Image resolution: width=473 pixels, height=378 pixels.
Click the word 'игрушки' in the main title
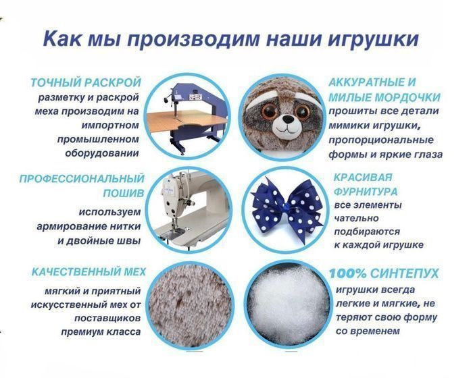tap(373, 38)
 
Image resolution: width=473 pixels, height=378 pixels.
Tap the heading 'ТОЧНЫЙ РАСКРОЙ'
tap(86, 82)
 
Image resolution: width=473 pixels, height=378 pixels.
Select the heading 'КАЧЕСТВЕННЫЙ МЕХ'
tap(89, 272)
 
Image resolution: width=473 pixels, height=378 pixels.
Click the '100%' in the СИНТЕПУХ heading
tap(347, 273)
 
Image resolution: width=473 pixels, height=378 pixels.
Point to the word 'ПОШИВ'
tap(124, 194)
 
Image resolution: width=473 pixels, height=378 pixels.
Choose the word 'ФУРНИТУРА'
tap(366, 192)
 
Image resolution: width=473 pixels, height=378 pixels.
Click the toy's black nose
tap(289, 120)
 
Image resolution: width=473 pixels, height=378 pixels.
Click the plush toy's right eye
tap(303, 110)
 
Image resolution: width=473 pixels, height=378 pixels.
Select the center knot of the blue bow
tap(285, 207)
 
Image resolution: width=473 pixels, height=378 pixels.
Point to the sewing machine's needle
tap(174, 225)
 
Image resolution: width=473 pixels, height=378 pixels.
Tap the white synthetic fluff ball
tap(286, 304)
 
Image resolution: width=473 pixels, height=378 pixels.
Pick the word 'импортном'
tap(109, 126)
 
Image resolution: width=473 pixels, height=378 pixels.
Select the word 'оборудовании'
tap(102, 153)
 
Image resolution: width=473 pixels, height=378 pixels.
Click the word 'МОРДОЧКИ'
tap(408, 98)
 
